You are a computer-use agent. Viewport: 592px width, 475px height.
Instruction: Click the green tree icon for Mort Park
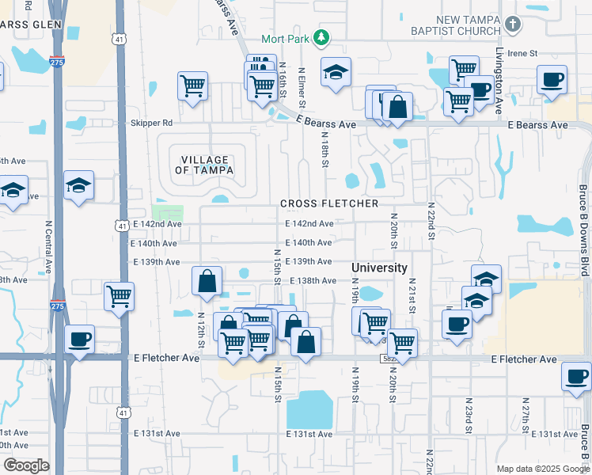coord(321,37)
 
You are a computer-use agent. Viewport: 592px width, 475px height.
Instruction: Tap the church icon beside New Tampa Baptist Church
coord(513,24)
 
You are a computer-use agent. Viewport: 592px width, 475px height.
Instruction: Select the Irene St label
coord(522,53)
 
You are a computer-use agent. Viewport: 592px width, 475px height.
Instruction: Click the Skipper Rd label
coord(151,123)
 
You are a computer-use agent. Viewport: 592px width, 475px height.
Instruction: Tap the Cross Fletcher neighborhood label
coord(329,203)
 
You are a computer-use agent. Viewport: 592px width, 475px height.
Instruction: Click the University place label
coord(379,268)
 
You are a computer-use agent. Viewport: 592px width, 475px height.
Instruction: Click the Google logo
coord(26,465)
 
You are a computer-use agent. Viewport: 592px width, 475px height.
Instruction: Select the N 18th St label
coord(324,150)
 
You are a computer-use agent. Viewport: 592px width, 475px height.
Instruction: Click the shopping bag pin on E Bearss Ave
coord(400,106)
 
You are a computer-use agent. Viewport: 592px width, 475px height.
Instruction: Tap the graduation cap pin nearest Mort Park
coord(336,72)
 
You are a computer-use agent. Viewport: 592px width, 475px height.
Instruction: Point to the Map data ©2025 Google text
coord(542,468)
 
